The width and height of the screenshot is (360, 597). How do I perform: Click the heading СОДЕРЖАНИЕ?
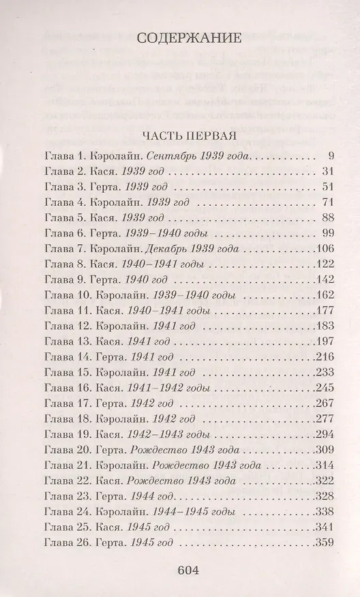coord(180,38)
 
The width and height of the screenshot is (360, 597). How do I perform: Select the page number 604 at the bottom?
coord(181,570)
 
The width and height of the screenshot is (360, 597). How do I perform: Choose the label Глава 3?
coord(61,186)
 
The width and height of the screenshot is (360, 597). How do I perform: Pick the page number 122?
coord(322,264)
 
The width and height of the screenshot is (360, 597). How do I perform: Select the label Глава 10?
coord(63,296)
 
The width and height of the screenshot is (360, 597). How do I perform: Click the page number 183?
coord(322,327)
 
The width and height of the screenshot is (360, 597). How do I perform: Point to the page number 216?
coord(322,358)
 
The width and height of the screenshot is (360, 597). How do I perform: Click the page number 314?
coord(322,467)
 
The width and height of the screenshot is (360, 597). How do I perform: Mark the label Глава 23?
coord(63,498)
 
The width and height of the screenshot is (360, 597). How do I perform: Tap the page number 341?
coord(322,529)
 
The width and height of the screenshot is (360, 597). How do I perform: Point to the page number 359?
coord(322,545)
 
